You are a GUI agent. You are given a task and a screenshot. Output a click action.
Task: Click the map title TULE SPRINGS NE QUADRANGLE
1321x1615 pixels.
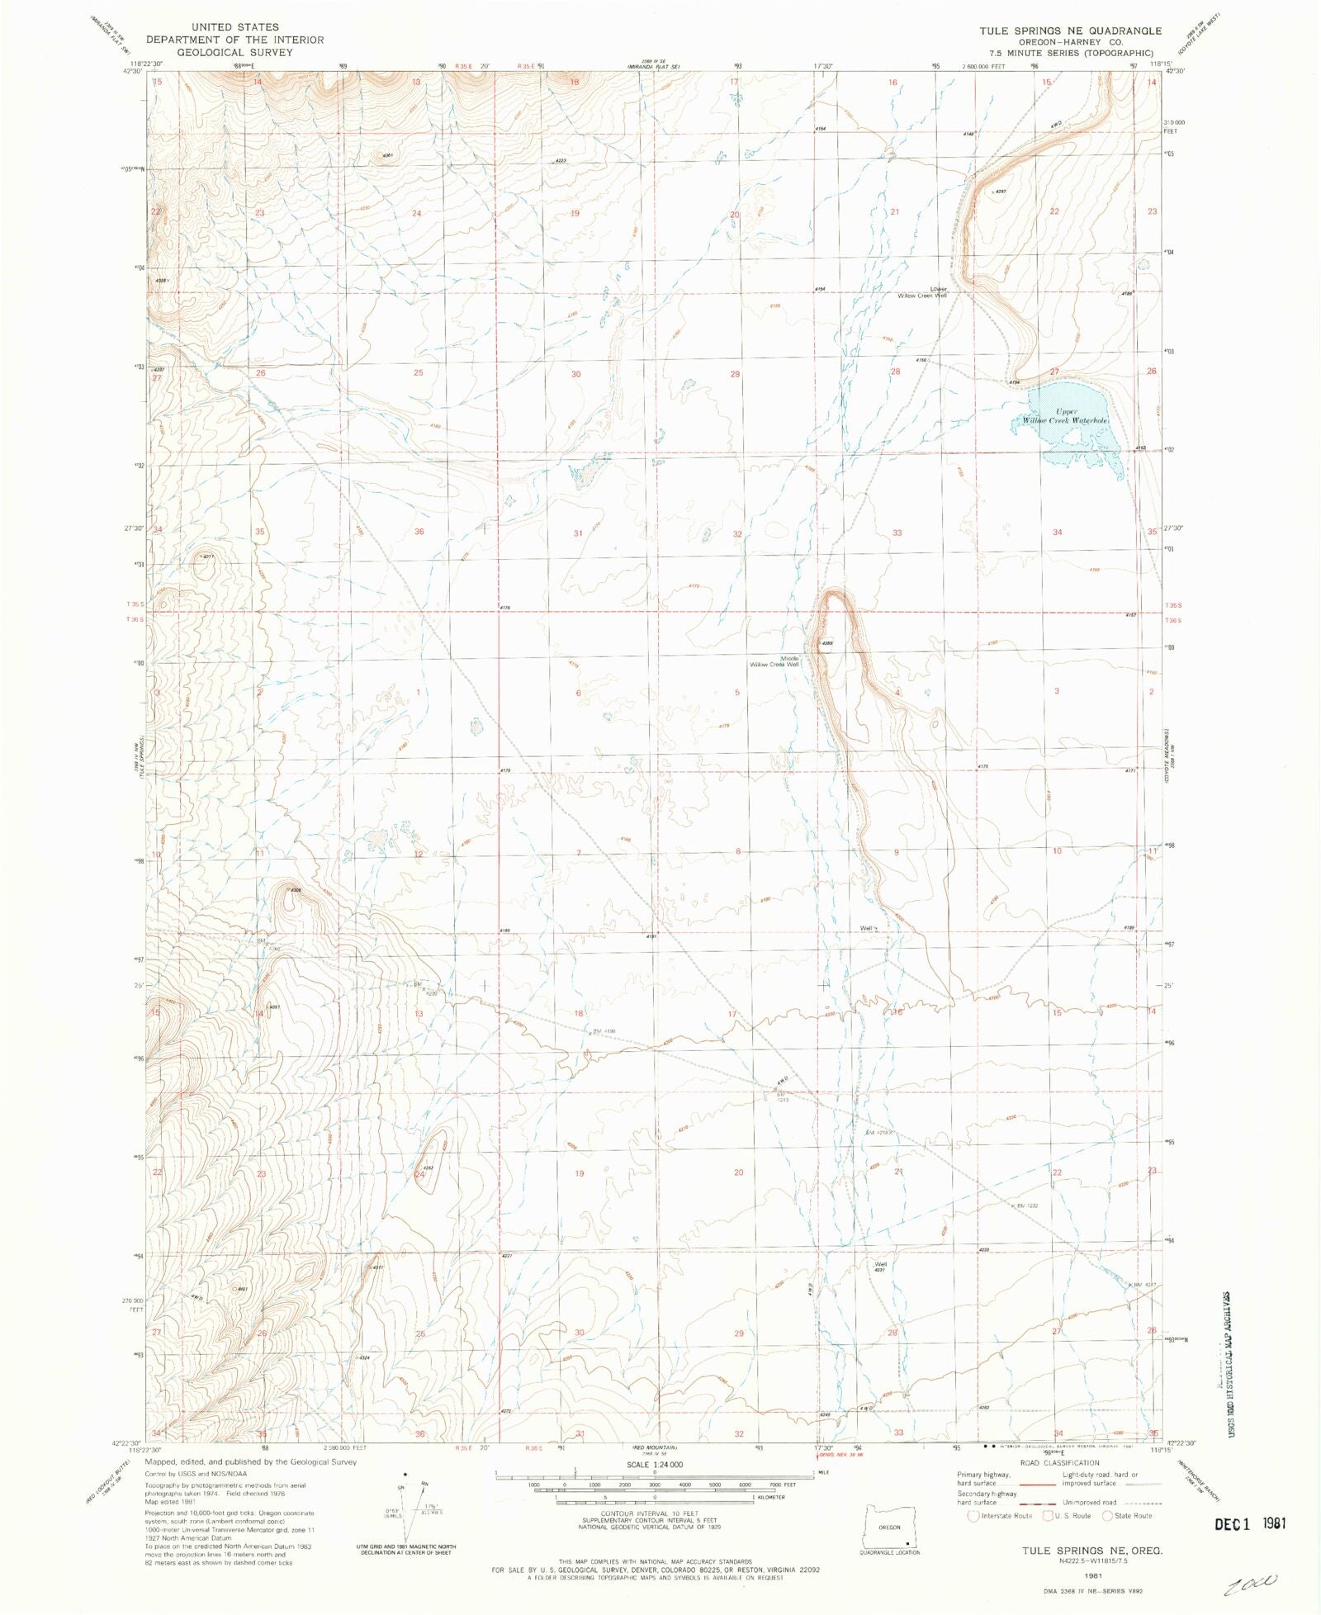pyautogui.click(x=1070, y=31)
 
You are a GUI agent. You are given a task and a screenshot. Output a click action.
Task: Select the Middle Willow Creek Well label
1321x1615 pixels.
pyautogui.click(x=775, y=661)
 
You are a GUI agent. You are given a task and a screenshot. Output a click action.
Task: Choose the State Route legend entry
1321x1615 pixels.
pyautogui.click(x=1128, y=1515)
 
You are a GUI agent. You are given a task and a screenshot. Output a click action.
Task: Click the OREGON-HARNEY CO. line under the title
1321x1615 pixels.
pyautogui.click(x=1070, y=43)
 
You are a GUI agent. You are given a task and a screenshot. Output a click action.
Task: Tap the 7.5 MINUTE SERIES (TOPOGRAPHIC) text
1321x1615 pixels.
pyautogui.click(x=1070, y=54)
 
